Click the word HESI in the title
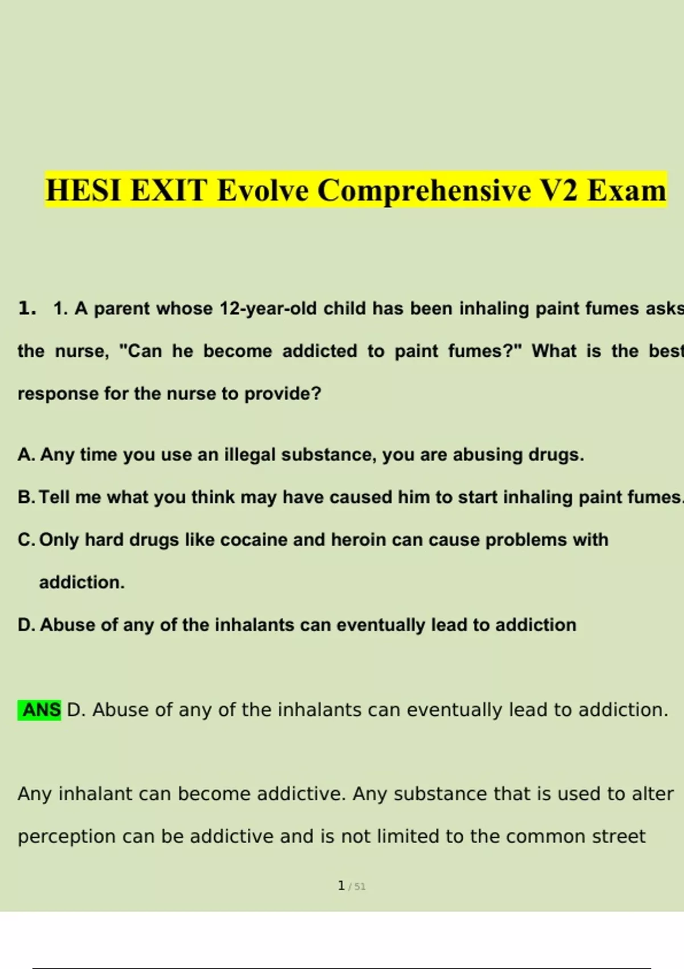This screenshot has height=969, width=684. (x=83, y=190)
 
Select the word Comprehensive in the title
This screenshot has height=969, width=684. (x=424, y=191)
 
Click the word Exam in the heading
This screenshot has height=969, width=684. (x=627, y=190)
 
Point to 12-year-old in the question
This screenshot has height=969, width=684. (x=268, y=309)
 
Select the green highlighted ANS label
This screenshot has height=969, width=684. (x=39, y=710)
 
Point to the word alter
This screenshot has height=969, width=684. (x=653, y=794)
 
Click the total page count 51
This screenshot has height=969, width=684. (x=360, y=887)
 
